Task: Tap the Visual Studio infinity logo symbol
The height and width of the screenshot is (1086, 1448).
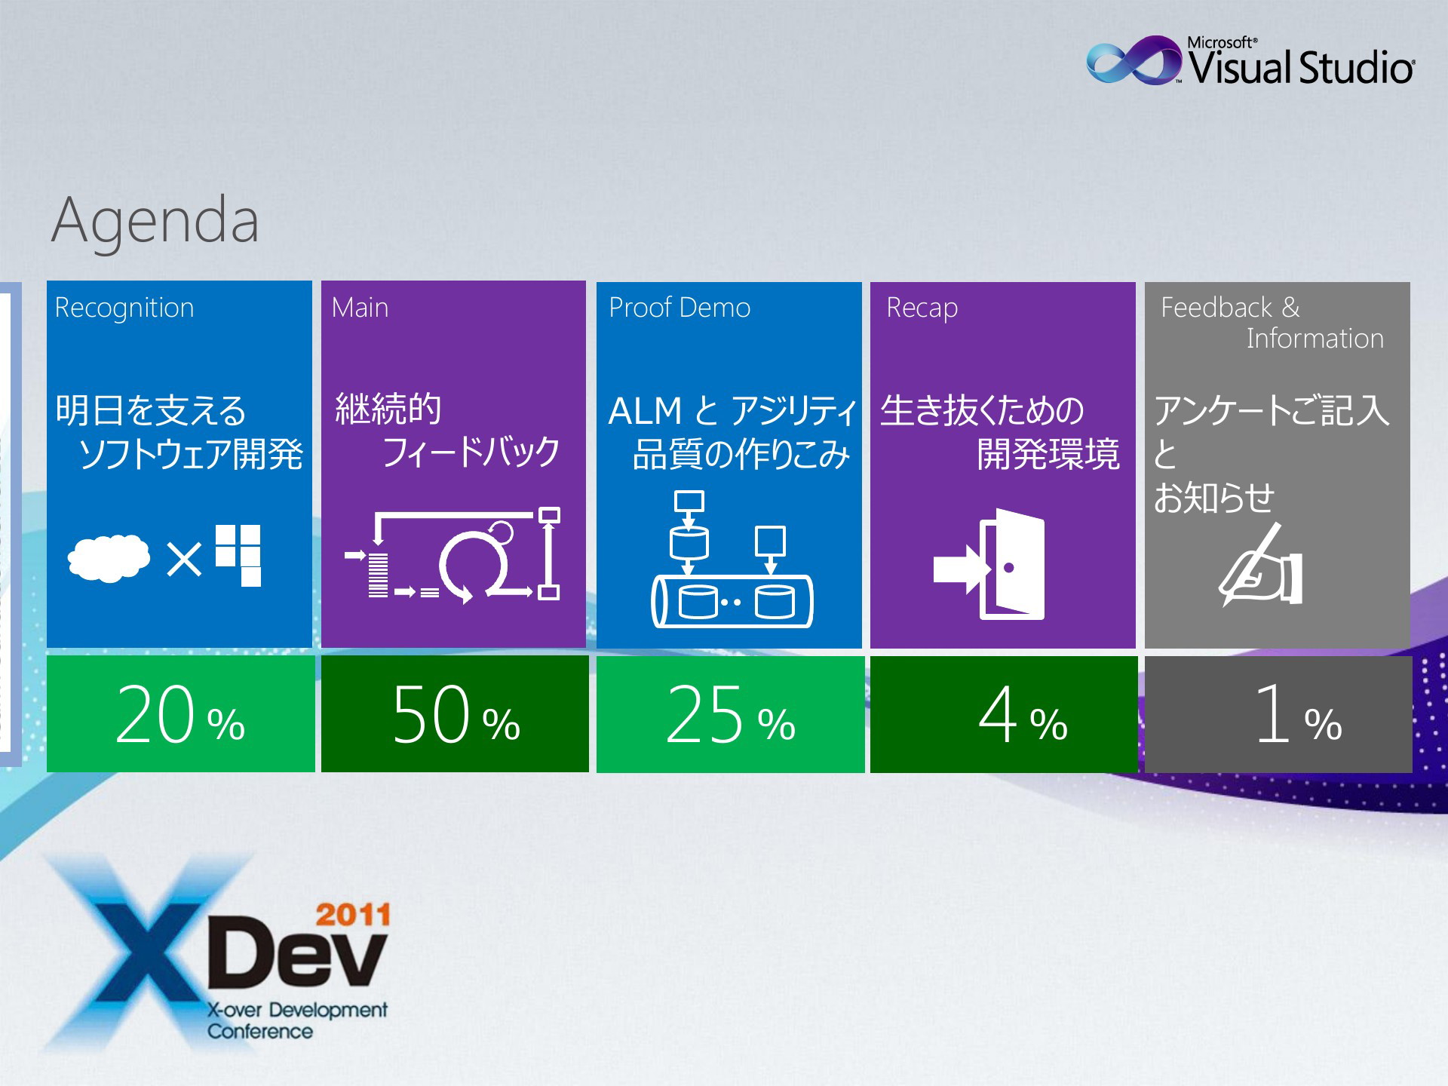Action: (1134, 60)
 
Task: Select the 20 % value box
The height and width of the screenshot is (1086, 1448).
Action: (180, 713)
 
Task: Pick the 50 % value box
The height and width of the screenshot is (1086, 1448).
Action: (455, 713)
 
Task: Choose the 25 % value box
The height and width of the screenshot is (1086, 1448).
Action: (730, 714)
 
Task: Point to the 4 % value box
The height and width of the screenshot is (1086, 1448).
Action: (1004, 714)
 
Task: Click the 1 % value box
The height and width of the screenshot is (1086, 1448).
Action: (1278, 714)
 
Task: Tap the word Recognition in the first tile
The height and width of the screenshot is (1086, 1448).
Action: (124, 308)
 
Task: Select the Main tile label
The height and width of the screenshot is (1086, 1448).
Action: (360, 308)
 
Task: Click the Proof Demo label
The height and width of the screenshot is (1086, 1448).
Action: (680, 308)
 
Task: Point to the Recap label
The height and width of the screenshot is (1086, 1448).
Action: (922, 308)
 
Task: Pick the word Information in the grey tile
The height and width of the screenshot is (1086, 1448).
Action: (1315, 339)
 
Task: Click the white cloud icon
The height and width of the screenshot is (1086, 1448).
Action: (109, 558)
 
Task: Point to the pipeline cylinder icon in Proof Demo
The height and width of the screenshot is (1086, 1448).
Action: (732, 601)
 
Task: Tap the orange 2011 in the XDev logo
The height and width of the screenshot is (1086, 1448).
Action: (353, 915)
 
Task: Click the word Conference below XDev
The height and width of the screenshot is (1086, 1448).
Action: (260, 1032)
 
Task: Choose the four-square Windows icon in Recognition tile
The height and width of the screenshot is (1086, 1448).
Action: (238, 555)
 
